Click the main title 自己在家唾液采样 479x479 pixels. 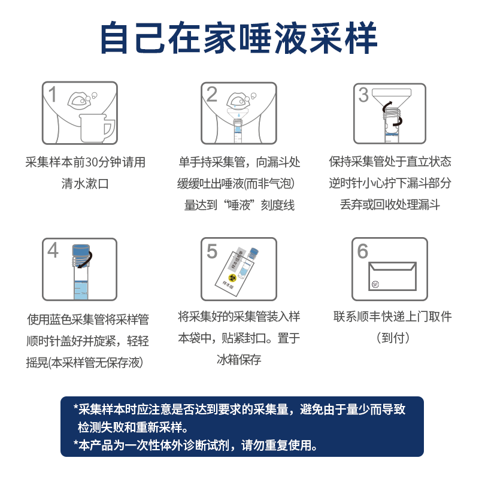pos(239,38)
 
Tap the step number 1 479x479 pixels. pos(53,95)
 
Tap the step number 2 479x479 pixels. pos(211,95)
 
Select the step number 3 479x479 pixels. pos(363,95)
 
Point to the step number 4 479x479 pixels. pos(53,250)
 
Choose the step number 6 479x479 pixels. pos(363,251)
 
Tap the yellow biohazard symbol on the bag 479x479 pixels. pos(228,277)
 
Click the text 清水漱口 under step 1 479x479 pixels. pos(86,183)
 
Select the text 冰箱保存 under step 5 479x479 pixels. pos(239,359)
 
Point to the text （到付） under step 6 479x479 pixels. pos(393,338)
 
